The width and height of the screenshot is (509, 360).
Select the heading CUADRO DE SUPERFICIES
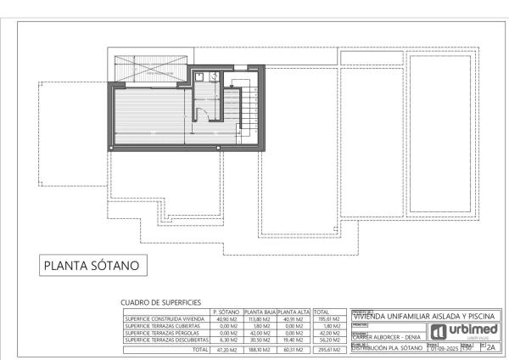pos(161,302)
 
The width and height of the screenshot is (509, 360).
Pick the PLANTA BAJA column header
pos(259,312)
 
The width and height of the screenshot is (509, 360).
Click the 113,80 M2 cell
pos(259,319)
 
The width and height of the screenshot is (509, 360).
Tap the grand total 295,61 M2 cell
pos(328,349)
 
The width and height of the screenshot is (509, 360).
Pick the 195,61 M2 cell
pos(328,319)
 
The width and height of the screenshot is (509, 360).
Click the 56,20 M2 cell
pos(328,340)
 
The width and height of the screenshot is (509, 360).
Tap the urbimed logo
pos(462,331)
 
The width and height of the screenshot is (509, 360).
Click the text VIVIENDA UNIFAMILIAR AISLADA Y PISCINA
pos(423,316)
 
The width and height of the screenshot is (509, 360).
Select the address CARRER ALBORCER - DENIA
pos(386,335)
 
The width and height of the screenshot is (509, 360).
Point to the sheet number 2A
pos(491,347)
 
